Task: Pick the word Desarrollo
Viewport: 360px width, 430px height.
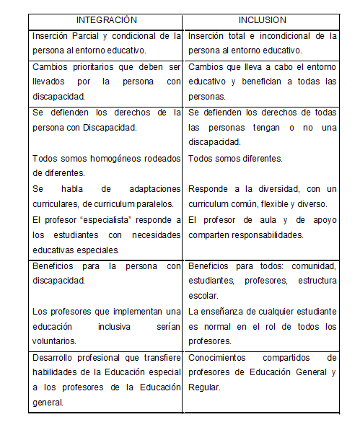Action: [56, 357]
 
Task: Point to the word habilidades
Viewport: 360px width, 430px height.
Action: [58, 372]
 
